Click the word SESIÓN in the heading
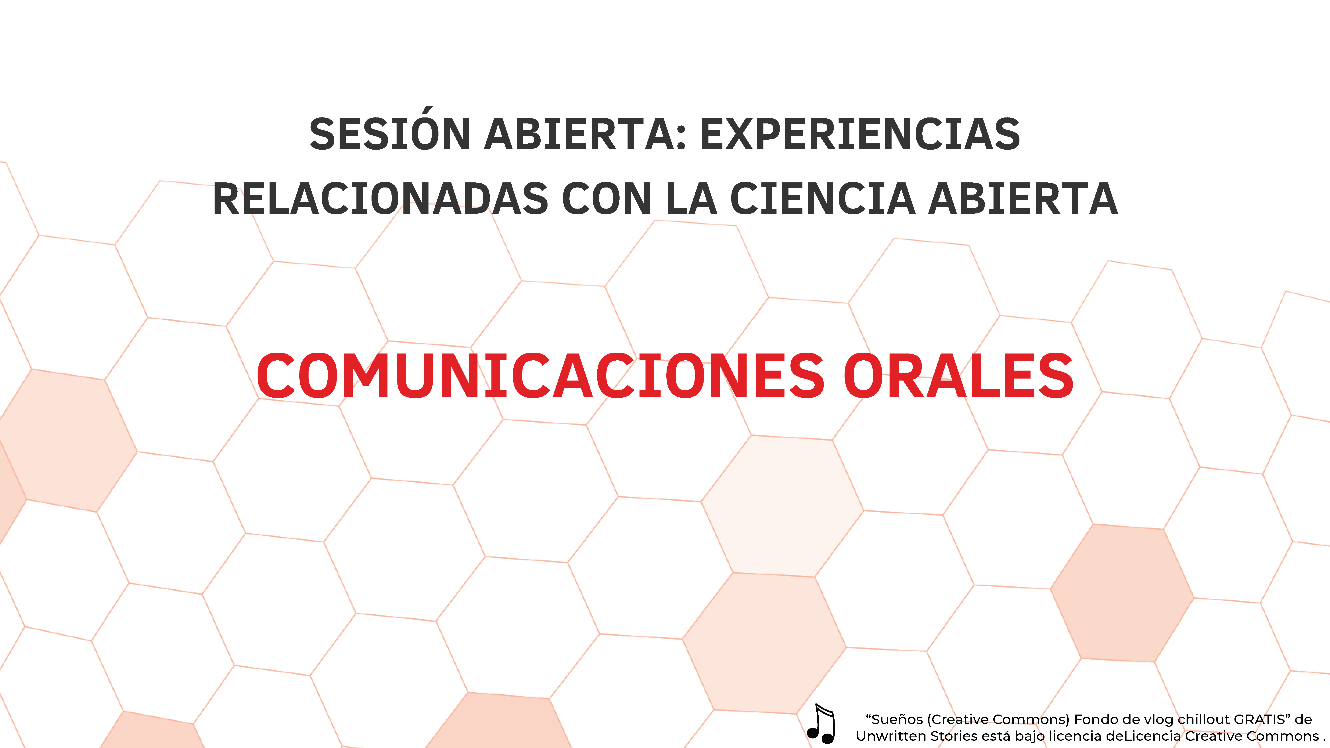click(x=390, y=134)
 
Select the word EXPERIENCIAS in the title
click(x=860, y=134)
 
